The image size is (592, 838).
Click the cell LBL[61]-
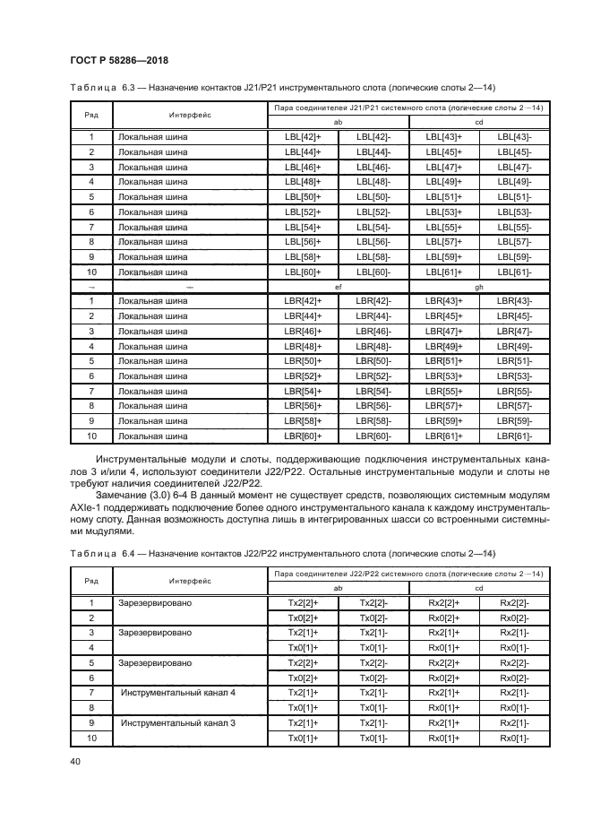[515, 272]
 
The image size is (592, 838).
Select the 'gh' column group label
[479, 286]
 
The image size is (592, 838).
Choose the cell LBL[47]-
[515, 167]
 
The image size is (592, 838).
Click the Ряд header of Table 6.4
[91, 580]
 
